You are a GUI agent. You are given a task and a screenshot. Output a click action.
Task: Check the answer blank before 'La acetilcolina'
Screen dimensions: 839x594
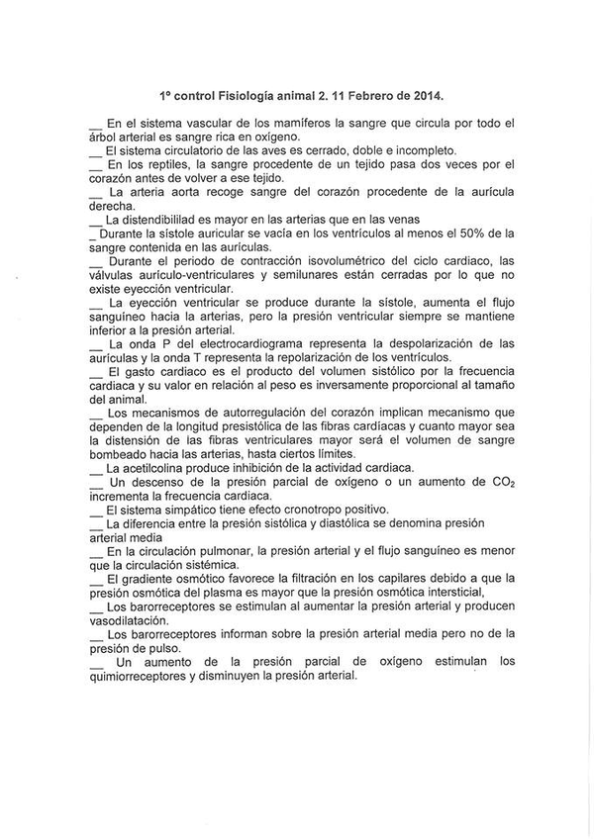pos(96,470)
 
